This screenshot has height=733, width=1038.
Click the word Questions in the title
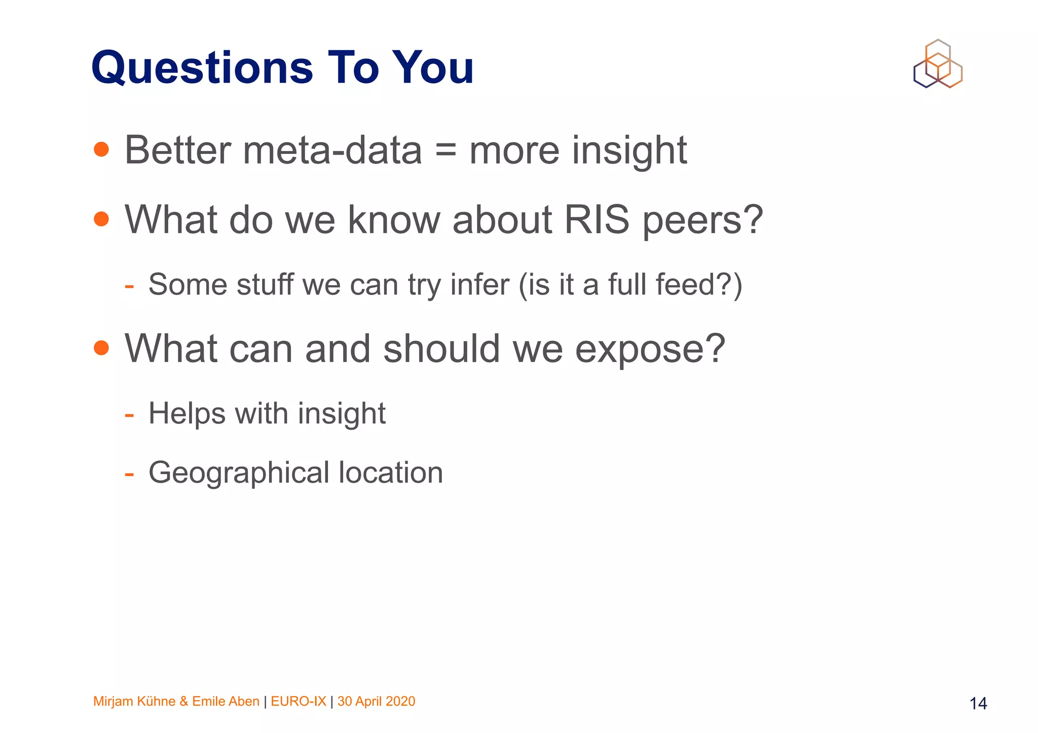202,68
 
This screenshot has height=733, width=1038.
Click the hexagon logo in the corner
938,64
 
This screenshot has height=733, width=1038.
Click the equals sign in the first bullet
446,150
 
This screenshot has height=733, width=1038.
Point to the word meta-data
332,150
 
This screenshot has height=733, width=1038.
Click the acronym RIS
597,220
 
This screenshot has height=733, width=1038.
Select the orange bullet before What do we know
101,219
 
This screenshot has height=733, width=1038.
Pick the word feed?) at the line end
699,285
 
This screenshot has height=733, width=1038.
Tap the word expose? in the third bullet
650,350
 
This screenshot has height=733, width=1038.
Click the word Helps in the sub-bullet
187,413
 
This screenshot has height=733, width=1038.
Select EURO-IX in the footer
299,701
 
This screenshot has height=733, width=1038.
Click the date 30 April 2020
376,701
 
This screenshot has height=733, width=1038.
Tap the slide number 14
978,704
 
